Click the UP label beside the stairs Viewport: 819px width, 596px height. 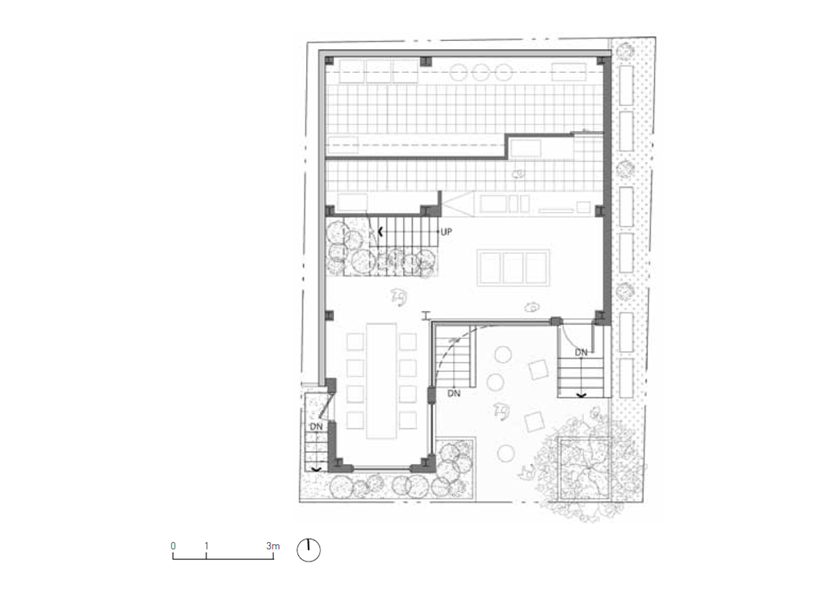coord(446,232)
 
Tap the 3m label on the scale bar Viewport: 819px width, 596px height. coord(273,546)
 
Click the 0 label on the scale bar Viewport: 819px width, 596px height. coord(174,546)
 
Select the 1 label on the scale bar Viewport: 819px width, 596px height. coord(207,546)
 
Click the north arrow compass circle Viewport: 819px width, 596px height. coord(309,550)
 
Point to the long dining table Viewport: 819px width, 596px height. coord(382,381)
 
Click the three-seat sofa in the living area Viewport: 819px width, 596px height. coord(514,268)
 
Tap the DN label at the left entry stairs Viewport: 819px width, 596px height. coord(316,427)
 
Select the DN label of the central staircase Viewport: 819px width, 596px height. coord(454,393)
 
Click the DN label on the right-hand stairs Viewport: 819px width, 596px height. coord(581,353)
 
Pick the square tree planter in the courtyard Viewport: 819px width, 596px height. coord(585,467)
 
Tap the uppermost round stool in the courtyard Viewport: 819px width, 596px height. coord(503,354)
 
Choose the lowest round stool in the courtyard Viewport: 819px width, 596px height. coord(505,453)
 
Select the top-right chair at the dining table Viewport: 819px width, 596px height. coord(407,342)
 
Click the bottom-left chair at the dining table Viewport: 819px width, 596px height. coord(355,420)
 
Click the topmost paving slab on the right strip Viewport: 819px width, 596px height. coord(626,84)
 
